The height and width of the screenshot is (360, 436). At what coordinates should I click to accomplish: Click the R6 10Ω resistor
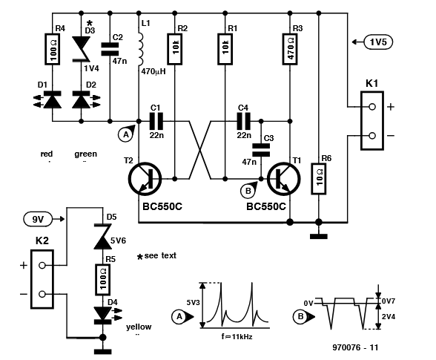click(318, 177)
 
